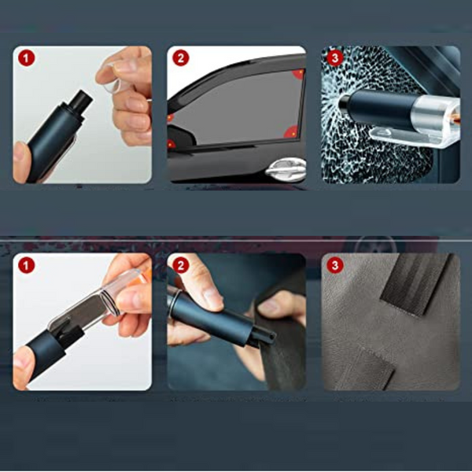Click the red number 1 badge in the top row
[27, 57]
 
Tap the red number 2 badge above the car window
[181, 57]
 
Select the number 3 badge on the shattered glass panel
[335, 57]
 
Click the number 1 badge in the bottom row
[27, 266]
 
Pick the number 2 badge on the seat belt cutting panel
[181, 266]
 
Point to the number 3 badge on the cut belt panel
[335, 266]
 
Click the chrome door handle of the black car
[286, 170]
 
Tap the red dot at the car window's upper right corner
[299, 74]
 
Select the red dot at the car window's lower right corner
[291, 132]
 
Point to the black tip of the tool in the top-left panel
[80, 100]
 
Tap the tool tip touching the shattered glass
[344, 101]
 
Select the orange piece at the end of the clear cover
[146, 276]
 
